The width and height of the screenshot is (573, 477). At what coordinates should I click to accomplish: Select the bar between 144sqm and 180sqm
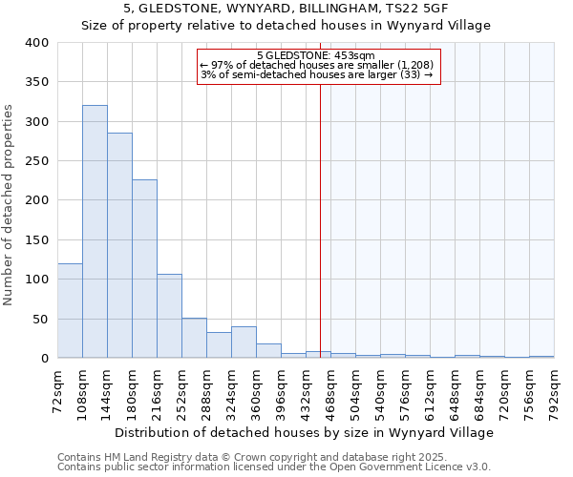tap(119, 245)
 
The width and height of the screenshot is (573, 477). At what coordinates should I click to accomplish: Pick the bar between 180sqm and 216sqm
tap(144, 269)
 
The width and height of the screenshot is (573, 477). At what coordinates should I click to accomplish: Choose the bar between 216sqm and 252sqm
tap(169, 316)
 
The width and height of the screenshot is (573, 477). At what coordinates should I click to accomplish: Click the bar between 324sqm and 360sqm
tap(244, 342)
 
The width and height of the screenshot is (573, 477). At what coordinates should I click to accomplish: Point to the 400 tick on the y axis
tap(35, 43)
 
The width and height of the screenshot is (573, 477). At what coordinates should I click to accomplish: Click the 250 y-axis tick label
tap(35, 161)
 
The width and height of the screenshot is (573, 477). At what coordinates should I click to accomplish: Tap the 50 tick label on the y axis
tap(39, 319)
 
